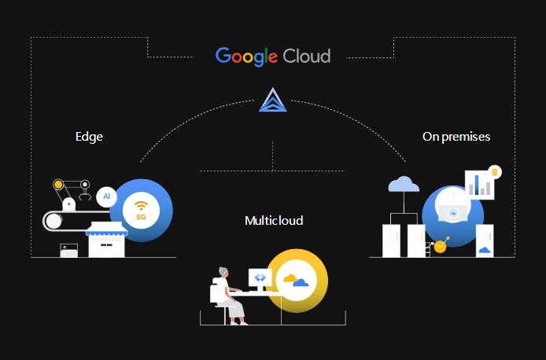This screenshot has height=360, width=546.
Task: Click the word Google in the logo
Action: point(246,56)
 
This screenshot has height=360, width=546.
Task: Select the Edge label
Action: point(89,137)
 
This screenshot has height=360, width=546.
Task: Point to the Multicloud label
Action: point(273,221)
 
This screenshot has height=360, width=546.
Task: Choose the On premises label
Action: point(456,137)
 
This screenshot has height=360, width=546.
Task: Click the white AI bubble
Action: point(106,196)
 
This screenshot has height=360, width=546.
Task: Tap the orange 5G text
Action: point(141,216)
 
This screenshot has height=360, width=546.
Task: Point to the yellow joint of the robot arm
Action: point(57,185)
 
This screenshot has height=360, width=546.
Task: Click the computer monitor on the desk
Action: point(260,277)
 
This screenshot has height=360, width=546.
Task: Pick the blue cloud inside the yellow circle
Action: point(301,282)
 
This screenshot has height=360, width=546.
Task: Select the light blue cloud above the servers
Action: point(404,185)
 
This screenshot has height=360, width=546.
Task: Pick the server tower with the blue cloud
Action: point(485,241)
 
